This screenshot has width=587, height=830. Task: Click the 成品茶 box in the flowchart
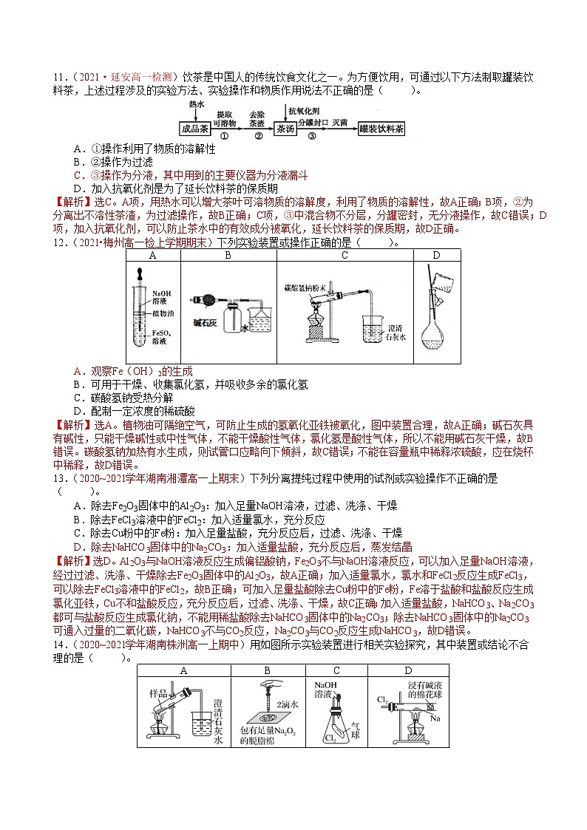coord(197,128)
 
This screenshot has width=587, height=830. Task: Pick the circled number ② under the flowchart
coord(258,137)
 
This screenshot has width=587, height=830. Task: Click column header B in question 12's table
coord(228,256)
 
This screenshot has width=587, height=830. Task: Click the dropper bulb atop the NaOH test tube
coord(140,271)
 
